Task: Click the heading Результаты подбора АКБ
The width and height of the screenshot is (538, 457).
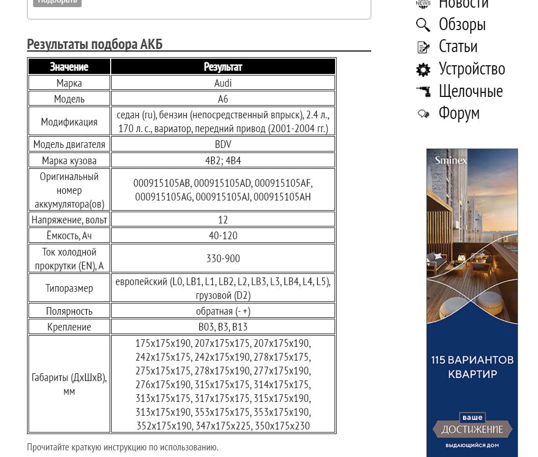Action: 94,44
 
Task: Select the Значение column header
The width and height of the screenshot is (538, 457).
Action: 69,67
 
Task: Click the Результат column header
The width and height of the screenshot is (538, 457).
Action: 223,67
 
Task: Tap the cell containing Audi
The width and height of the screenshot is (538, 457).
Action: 223,83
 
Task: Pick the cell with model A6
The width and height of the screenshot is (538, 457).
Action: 223,99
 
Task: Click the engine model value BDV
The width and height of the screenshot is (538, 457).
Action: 223,144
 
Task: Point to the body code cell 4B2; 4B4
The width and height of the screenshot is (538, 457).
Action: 223,161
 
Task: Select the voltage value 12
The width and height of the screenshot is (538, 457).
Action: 223,219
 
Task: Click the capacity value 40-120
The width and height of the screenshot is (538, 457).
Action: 223,236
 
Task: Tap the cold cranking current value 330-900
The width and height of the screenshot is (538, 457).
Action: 223,259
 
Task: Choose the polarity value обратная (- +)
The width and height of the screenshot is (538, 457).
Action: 223,311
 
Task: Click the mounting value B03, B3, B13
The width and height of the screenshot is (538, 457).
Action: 223,327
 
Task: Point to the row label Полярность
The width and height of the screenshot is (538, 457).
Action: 69,311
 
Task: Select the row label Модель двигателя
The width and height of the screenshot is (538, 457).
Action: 69,144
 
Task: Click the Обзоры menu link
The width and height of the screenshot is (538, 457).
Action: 462,24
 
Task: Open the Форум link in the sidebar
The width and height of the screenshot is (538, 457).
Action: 459,113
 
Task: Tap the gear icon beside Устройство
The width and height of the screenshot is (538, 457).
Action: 423,69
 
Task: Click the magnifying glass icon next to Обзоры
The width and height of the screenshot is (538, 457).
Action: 423,24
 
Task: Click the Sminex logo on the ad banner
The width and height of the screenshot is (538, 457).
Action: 450,161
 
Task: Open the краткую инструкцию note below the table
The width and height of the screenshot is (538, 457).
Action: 122,447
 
